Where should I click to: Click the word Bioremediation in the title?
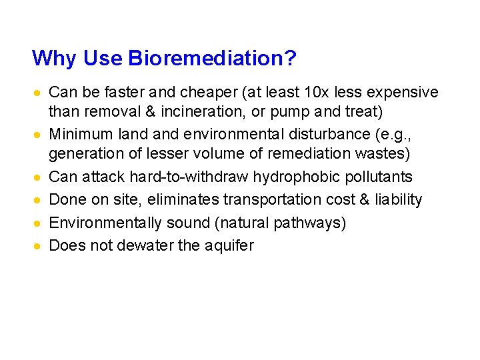(211, 59)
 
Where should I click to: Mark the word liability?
(397, 200)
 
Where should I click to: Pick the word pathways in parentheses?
(311, 223)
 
